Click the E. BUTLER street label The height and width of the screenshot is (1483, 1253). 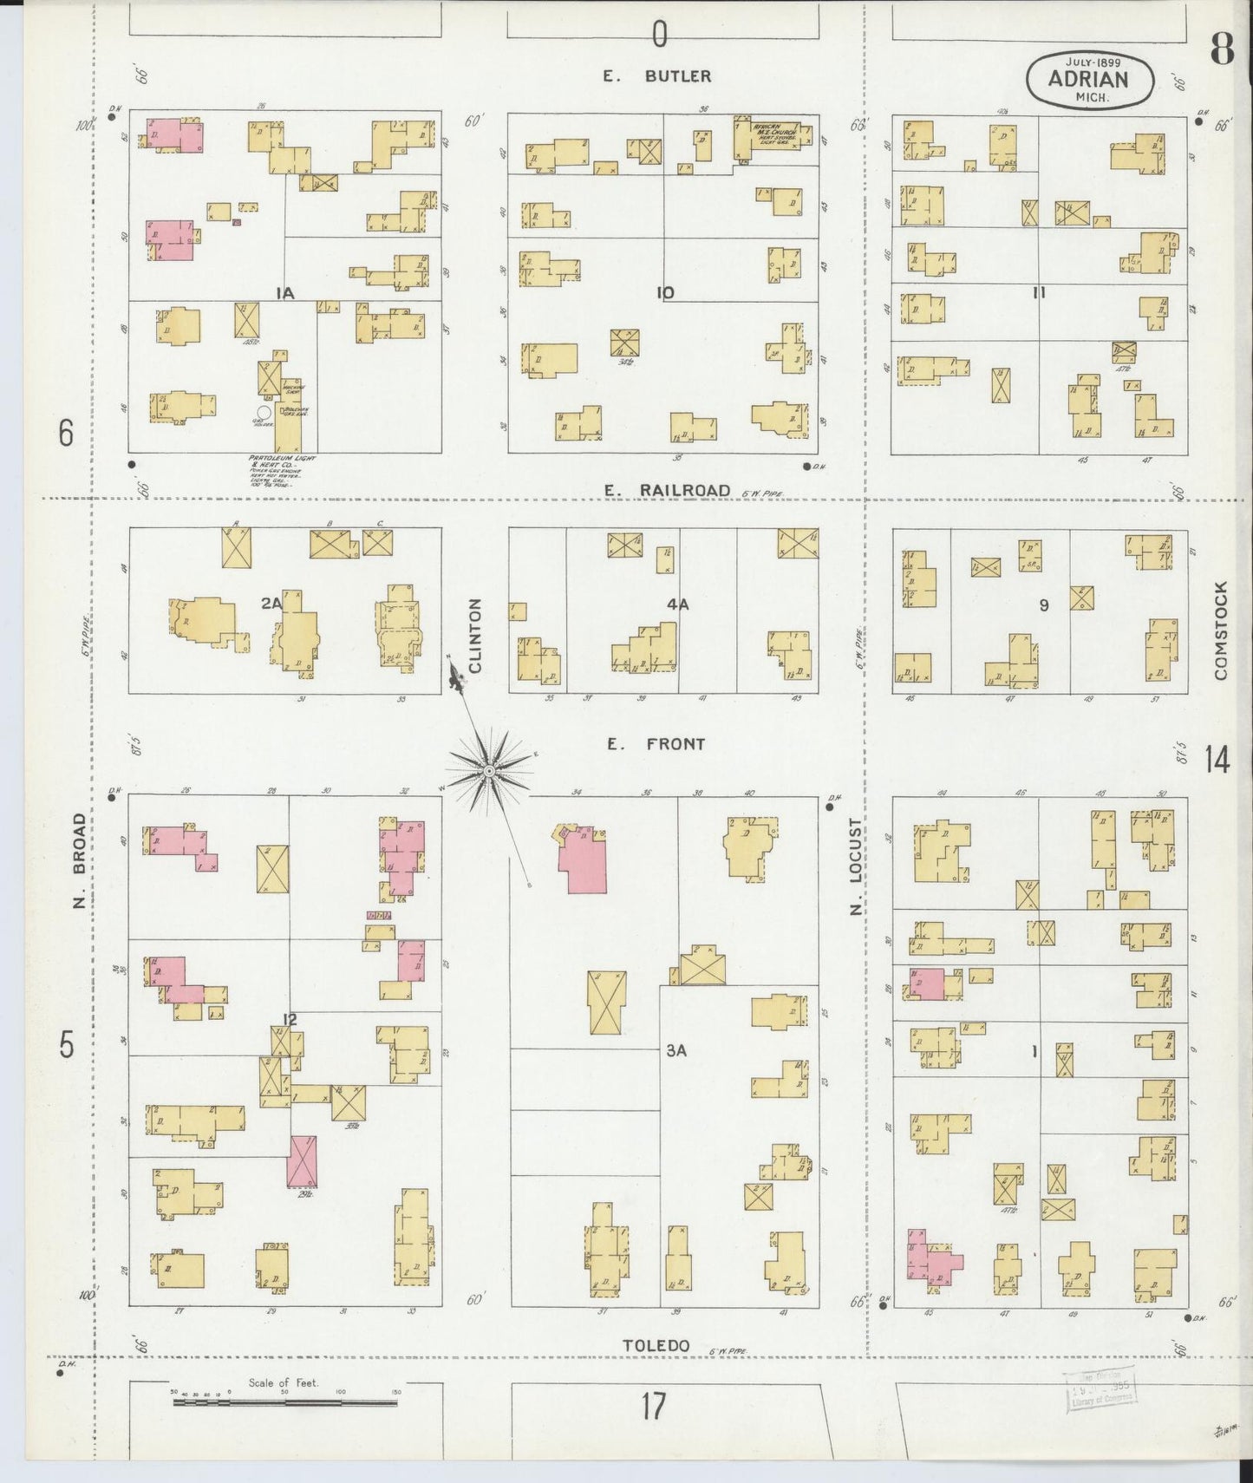tap(657, 76)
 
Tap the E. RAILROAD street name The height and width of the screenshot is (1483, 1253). tap(667, 491)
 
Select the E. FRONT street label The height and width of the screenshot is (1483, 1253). tap(656, 744)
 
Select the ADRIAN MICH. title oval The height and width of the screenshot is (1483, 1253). tap(1089, 80)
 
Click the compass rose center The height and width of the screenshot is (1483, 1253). tap(489, 770)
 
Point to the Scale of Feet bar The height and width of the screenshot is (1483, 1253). tap(284, 1401)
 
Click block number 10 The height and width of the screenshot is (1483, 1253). tap(665, 293)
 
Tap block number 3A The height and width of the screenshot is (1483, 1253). tap(676, 1050)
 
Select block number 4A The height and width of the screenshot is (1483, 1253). tap(678, 604)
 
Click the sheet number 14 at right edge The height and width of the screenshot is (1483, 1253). tap(1216, 761)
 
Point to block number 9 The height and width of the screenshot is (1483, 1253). tap(1043, 605)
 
